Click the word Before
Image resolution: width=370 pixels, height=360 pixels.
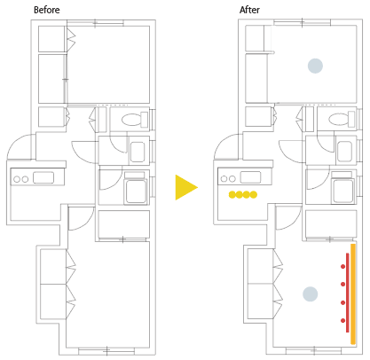47,10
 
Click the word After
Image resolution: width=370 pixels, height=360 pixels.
249,10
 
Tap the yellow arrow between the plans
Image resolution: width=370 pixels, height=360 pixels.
186,187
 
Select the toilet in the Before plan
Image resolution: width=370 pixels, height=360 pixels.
135,120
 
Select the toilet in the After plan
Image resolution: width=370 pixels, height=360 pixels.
342,120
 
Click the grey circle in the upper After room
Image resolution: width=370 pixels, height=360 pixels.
315,66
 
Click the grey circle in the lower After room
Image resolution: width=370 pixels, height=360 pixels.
311,294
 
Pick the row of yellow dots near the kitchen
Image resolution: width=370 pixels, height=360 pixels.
243,194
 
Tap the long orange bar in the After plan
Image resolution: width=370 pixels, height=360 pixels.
353,294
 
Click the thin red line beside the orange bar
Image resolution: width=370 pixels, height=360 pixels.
348,293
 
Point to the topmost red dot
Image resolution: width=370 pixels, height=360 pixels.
342,267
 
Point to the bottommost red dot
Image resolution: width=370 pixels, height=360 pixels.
342,321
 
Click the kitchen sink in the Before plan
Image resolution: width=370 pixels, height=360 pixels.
43,177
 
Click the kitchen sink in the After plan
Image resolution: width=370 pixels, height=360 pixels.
250,177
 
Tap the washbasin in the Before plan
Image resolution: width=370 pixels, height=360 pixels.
138,152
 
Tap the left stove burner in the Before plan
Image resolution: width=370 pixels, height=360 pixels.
17,179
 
